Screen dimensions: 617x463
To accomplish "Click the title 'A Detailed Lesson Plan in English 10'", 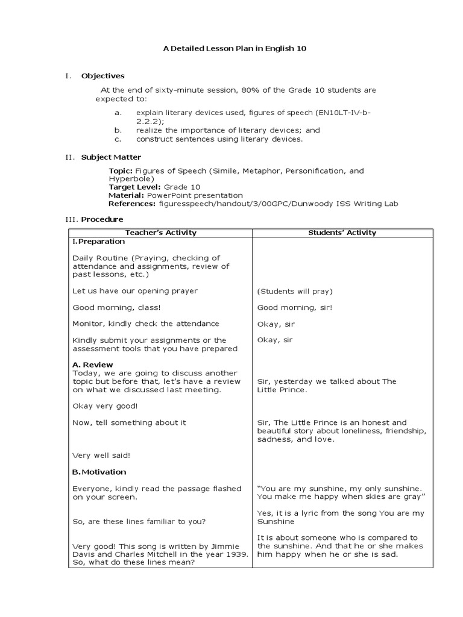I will [235, 48].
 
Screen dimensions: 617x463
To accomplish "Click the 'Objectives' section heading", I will [102, 76].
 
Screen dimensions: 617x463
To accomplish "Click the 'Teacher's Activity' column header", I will [160, 233].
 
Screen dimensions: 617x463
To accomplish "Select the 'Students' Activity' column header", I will [342, 233].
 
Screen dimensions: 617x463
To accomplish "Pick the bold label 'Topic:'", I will [121, 171].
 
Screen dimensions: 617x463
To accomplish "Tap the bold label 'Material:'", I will [126, 196].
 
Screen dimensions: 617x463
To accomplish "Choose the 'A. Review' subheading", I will [93, 365].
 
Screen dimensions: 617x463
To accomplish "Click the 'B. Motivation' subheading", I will [99, 472].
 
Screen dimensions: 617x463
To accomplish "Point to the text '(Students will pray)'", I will [295, 291].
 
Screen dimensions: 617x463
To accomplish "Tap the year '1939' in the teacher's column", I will [235, 554].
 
